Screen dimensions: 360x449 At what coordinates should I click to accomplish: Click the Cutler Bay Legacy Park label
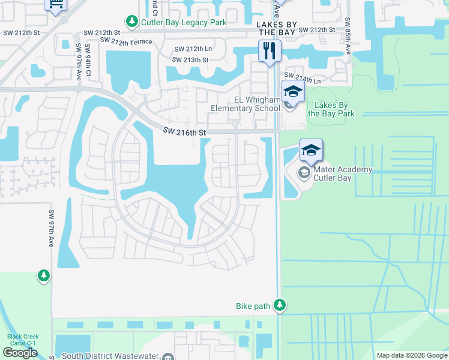(x=184, y=23)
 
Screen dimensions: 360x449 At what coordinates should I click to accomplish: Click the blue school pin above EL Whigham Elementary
(x=293, y=92)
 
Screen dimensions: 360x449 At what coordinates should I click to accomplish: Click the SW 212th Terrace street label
(x=126, y=41)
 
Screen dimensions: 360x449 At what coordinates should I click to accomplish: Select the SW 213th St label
(x=190, y=60)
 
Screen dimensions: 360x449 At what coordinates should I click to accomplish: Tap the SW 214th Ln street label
(x=303, y=77)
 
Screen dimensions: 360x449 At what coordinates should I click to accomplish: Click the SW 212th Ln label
(x=193, y=49)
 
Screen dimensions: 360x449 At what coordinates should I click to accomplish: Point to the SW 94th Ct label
(x=88, y=55)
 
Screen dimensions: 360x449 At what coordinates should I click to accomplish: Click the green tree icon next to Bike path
(x=279, y=305)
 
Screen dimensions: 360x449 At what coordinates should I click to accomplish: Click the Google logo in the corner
(x=20, y=353)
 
